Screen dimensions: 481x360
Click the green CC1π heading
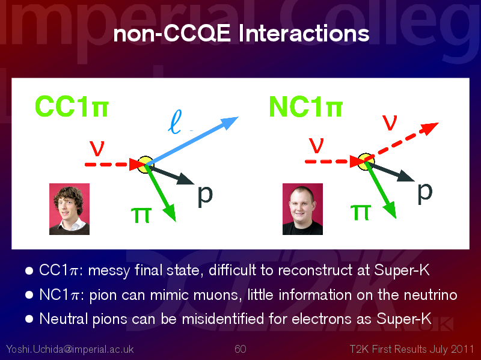[x=72, y=106]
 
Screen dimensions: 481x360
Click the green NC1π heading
[x=305, y=107]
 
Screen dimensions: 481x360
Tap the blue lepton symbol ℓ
[x=175, y=122]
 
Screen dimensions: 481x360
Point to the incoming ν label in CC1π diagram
[x=97, y=148]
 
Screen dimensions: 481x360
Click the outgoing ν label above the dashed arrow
[x=390, y=123]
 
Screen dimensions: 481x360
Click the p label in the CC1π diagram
[x=205, y=195]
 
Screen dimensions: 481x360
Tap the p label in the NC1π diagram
[x=425, y=192]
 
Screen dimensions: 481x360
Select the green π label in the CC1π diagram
[x=141, y=215]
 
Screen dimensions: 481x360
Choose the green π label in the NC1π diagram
[x=361, y=212]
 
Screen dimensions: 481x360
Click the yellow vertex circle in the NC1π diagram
[x=366, y=162]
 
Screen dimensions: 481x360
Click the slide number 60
[x=240, y=349]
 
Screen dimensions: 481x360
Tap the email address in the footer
[x=70, y=349]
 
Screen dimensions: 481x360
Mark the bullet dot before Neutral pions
[x=29, y=319]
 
